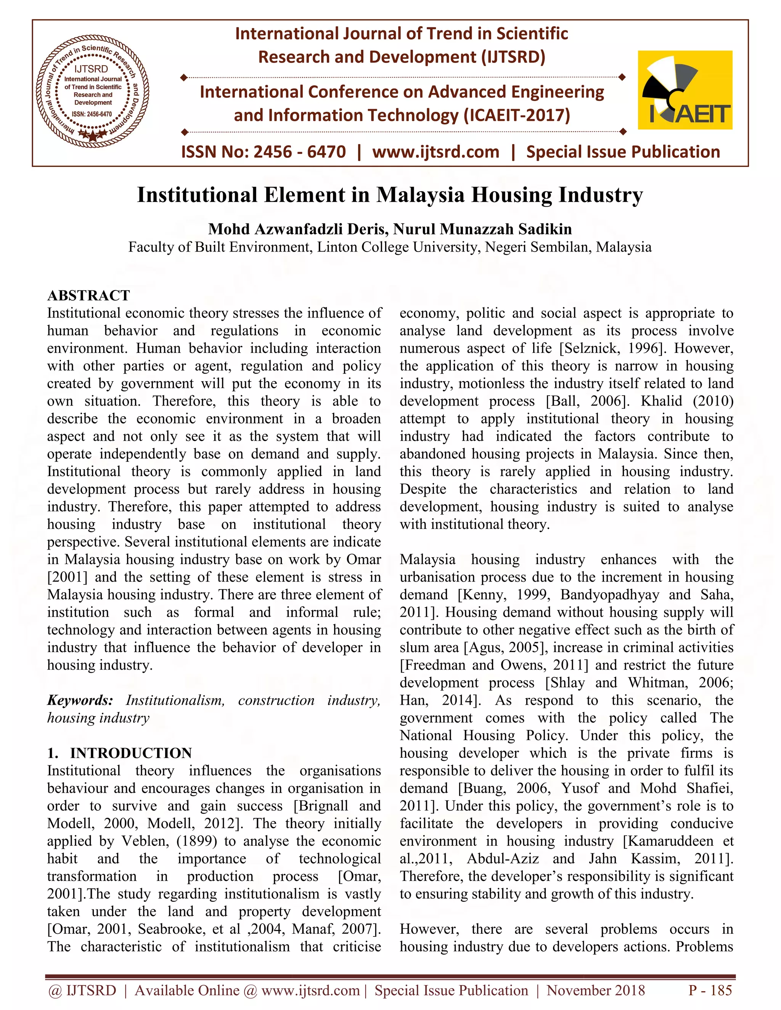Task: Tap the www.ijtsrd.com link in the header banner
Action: coord(435,152)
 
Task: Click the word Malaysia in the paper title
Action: coord(419,195)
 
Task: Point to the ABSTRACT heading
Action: coord(88,295)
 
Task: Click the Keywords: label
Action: coord(80,700)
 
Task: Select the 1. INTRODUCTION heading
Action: coord(119,753)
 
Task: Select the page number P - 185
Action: coord(710,990)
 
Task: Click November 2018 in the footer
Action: coord(595,990)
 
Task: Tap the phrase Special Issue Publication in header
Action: coord(623,152)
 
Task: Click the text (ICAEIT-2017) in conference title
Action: coord(517,115)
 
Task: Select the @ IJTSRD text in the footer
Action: coord(82,990)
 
